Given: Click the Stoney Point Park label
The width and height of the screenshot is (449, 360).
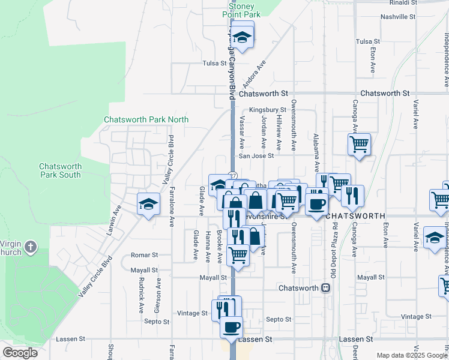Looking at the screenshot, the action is tap(241, 9).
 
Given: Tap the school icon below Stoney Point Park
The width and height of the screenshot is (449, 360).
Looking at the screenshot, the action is tap(242, 37).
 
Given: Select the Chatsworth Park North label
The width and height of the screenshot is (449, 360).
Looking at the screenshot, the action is tap(146, 119).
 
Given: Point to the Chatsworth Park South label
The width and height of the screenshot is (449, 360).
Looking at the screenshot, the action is tap(60, 170).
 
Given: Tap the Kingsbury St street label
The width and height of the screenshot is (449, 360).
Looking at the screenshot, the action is tap(267, 110).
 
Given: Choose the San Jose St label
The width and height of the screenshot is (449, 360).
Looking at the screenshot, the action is tap(256, 155).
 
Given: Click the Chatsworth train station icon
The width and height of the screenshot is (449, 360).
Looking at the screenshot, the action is tap(325, 288).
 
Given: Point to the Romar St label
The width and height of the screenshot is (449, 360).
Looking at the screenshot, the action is tap(143, 255).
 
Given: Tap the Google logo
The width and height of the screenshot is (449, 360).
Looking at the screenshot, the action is tap(20, 353).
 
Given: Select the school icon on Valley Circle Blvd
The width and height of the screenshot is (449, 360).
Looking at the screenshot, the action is tap(148, 204).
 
